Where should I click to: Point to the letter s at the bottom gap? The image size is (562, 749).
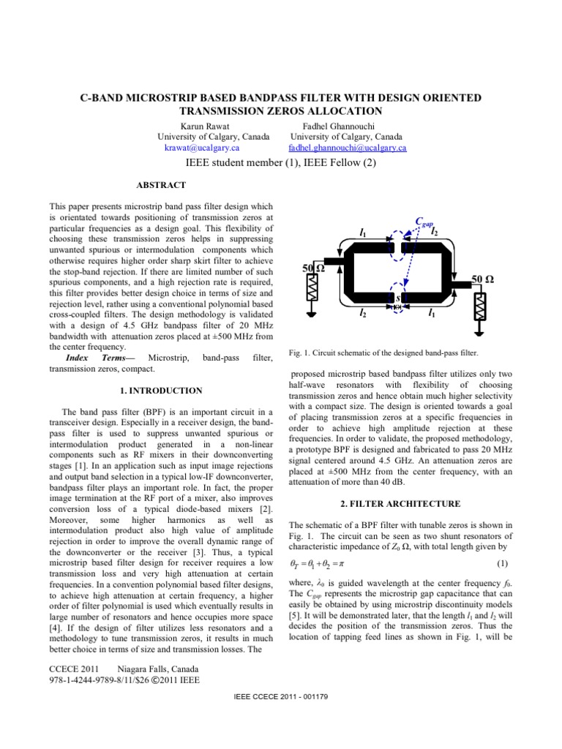tap(397, 298)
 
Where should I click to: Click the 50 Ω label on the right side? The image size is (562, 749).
tap(482, 279)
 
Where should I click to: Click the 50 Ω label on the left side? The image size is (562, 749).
tap(314, 269)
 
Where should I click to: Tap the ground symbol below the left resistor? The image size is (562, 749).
tap(312, 314)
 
